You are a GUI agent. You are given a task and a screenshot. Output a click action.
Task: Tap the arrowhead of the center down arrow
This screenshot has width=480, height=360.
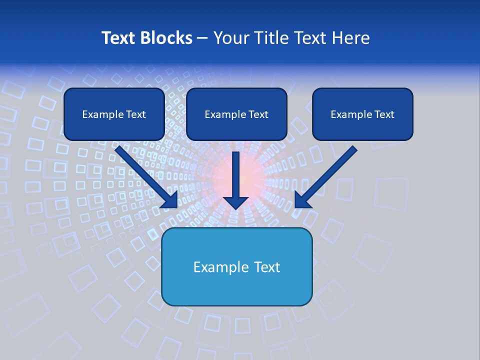pos(235,202)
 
